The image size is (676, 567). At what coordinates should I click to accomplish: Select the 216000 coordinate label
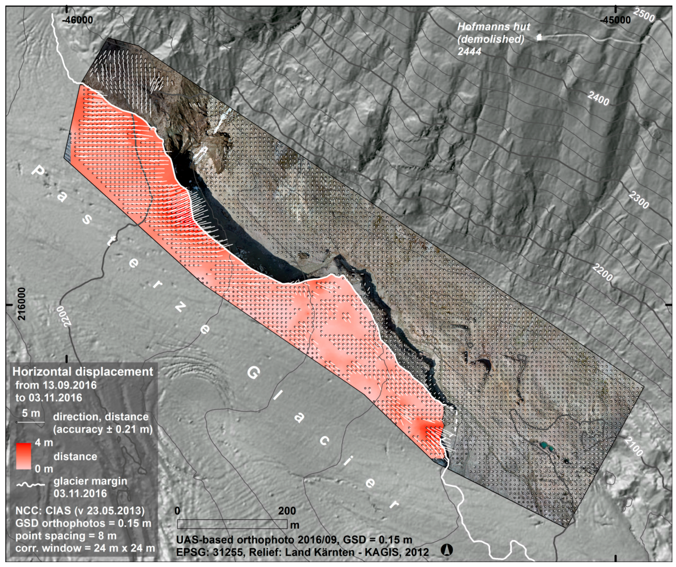[x=21, y=304]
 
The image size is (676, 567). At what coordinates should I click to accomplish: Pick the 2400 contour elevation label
[x=598, y=98]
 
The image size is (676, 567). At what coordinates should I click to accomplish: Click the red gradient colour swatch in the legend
[x=23, y=456]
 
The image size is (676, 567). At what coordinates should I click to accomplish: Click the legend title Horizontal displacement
[x=83, y=372]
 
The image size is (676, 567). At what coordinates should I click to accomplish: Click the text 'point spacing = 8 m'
[x=66, y=536]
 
